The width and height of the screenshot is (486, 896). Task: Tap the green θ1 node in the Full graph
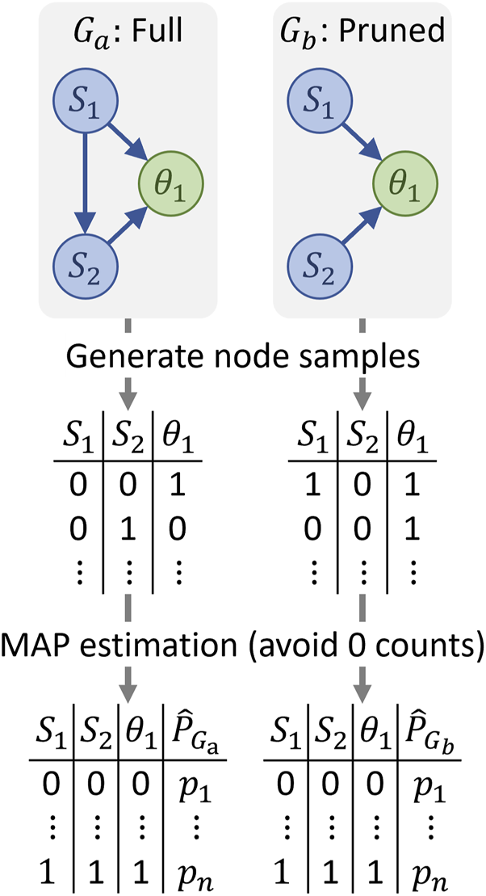pyautogui.click(x=170, y=184)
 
